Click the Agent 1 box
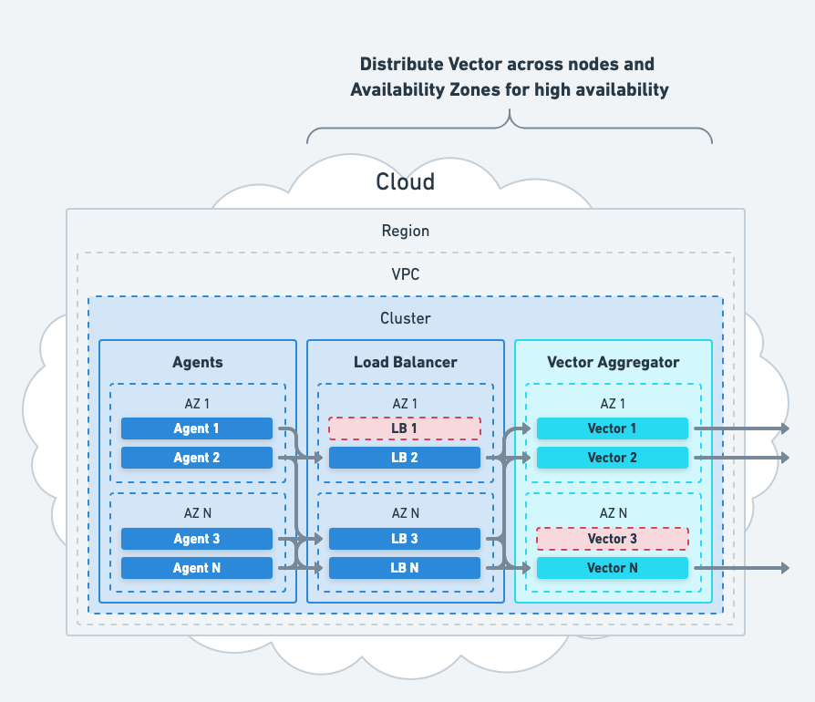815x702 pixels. point(197,428)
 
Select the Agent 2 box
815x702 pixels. point(197,458)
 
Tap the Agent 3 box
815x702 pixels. point(197,539)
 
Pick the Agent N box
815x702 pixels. point(197,568)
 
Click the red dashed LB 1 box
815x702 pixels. point(405,428)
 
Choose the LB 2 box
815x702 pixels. point(405,458)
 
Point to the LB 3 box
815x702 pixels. point(405,539)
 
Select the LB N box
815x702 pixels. point(405,568)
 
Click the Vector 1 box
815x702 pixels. point(613,428)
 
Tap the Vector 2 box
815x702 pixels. point(613,458)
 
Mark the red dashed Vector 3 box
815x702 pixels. point(613,539)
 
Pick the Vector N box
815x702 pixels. point(613,568)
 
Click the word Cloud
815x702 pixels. point(406,181)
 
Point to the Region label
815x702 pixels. point(406,232)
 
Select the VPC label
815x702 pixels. point(406,274)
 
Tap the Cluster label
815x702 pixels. point(406,319)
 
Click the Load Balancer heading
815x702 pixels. point(406,362)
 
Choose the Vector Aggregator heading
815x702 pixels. point(613,362)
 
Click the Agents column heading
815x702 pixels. point(198,362)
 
